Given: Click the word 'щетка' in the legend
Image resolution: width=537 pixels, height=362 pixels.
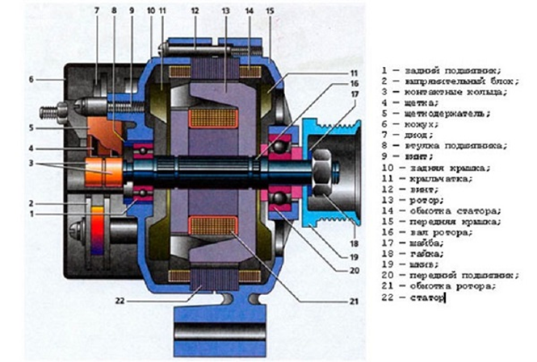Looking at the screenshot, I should point(426,102).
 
